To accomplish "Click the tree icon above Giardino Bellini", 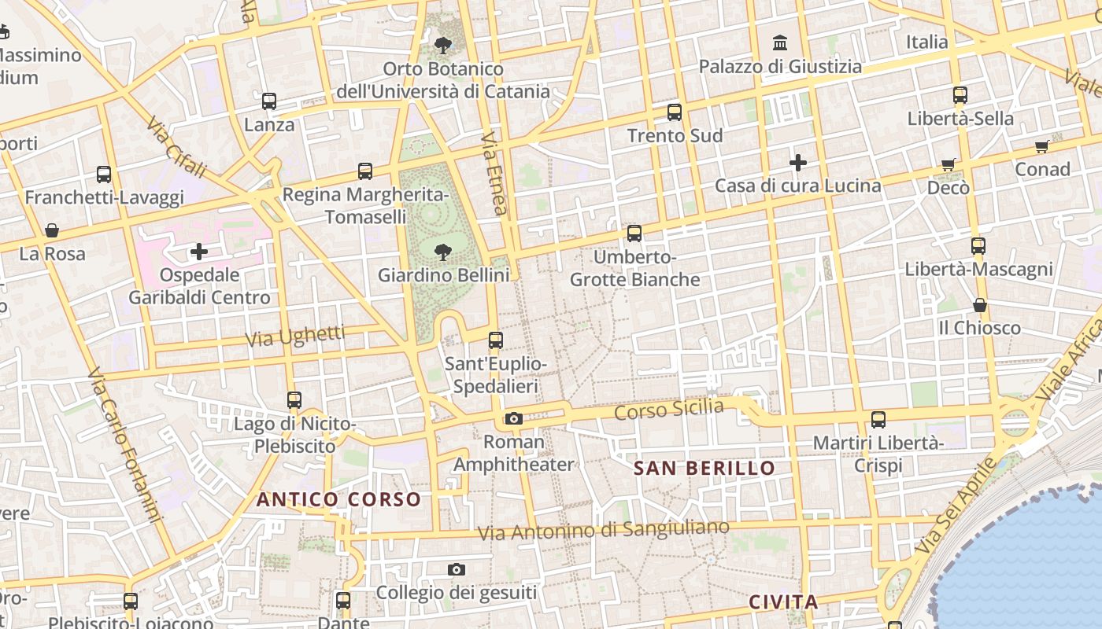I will [443, 252].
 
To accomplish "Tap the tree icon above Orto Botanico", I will [443, 45].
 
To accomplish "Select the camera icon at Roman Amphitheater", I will [514, 418].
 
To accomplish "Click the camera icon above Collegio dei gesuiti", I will [457, 569].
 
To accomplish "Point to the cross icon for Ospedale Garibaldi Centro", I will [199, 252].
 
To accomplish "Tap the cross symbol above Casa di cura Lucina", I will [798, 163].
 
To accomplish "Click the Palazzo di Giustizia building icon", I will [780, 42].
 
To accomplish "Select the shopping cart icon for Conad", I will [1042, 146].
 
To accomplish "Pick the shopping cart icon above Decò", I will [949, 165].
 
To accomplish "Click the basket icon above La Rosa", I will [52, 230].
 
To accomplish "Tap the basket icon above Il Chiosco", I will [980, 305].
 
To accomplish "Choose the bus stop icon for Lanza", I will [269, 101].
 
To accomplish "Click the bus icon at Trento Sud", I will [675, 112].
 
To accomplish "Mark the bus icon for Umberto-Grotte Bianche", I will [634, 234].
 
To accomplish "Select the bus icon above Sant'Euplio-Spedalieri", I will [495, 340].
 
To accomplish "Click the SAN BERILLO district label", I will [704, 469].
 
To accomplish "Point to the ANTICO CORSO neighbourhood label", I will [338, 499].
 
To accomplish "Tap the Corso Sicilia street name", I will [668, 410].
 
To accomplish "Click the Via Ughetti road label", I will [295, 337].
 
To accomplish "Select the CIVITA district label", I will [783, 602].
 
